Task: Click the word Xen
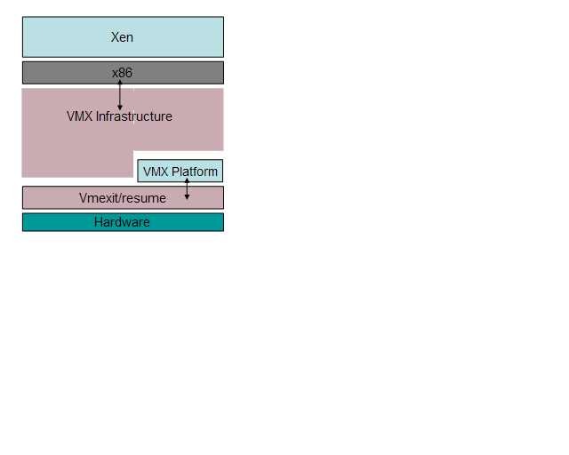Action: tap(123, 37)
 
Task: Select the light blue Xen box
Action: tap(62, 37)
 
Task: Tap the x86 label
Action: tap(123, 73)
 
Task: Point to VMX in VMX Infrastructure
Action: tap(79, 116)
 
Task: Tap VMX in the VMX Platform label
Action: tap(156, 172)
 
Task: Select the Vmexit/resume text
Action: tap(122, 198)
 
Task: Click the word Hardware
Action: tap(122, 222)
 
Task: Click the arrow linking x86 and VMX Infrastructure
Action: tap(120, 94)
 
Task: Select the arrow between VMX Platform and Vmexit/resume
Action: tap(187, 188)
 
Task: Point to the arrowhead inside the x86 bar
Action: tap(120, 82)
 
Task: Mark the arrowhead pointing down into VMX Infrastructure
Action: tap(120, 108)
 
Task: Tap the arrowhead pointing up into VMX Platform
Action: tap(187, 180)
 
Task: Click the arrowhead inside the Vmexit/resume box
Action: tap(187, 196)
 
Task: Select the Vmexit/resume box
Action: tap(53, 197)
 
